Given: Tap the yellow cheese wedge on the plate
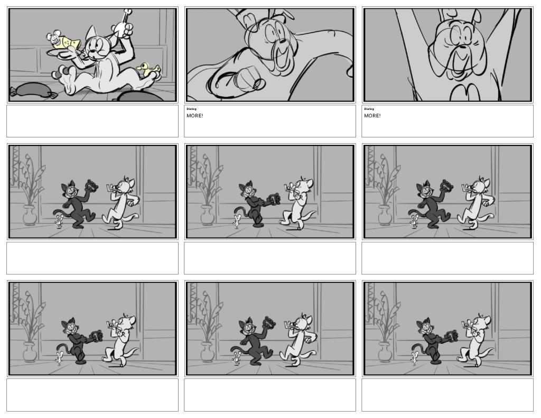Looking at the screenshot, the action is click(x=68, y=42).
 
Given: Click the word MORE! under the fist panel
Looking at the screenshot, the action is click(x=195, y=116).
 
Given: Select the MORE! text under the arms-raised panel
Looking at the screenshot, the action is click(x=372, y=116).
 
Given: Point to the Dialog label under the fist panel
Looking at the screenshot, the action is click(x=191, y=109).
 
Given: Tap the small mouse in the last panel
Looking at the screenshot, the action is click(x=414, y=358).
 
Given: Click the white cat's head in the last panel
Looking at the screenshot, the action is click(x=482, y=323).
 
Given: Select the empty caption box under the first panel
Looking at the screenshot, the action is click(x=92, y=121).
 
